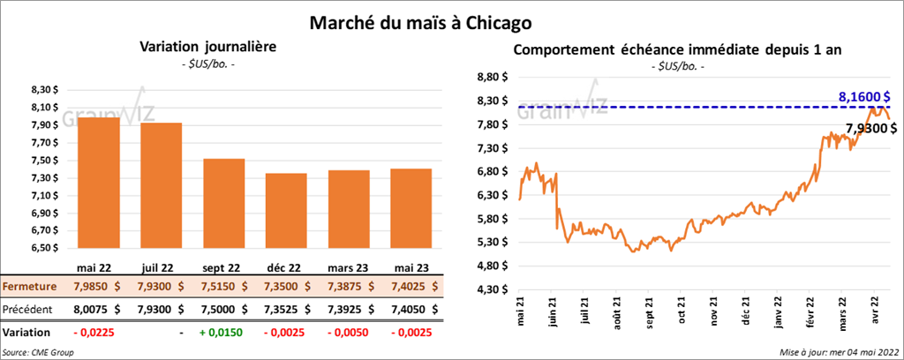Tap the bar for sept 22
[224, 203]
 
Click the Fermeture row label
[30, 287]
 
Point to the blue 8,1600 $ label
[863, 95]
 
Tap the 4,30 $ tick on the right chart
[493, 289]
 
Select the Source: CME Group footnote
[38, 352]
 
